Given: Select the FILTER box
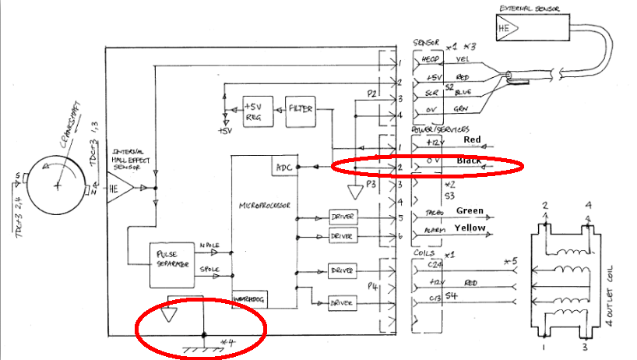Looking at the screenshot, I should [x=300, y=108].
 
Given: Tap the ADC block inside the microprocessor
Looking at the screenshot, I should [x=283, y=167].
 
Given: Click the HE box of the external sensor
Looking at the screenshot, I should [x=505, y=29].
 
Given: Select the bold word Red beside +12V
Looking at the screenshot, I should [x=473, y=139].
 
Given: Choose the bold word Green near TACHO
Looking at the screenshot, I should [x=471, y=210].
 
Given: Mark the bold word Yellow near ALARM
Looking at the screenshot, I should [x=471, y=228].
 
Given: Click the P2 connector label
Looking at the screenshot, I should [x=371, y=94].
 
